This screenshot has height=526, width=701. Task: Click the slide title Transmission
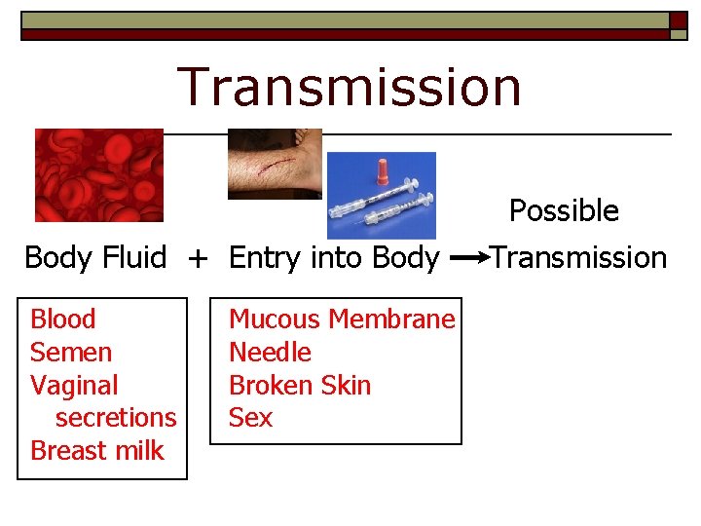click(x=350, y=86)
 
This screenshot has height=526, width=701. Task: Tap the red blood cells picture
click(x=98, y=175)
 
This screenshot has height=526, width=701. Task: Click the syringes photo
click(x=381, y=195)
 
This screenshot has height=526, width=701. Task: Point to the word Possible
click(x=564, y=210)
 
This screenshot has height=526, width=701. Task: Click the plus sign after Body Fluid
click(x=198, y=258)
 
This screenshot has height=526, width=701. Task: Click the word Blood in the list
click(x=63, y=319)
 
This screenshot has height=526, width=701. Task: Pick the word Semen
click(x=71, y=353)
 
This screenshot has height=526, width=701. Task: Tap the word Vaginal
click(x=74, y=386)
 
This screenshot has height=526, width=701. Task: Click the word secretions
click(x=116, y=418)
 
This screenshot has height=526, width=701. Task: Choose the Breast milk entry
click(x=97, y=451)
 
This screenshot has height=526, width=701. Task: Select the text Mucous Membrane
click(x=342, y=319)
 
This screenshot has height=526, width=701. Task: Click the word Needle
click(x=270, y=353)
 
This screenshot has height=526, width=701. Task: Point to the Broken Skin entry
click(x=300, y=386)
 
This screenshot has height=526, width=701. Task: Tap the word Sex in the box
click(x=250, y=418)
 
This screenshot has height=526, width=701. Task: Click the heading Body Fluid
click(x=95, y=258)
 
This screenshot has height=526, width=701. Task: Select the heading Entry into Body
click(x=334, y=258)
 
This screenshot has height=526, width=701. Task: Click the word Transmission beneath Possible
click(x=578, y=258)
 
